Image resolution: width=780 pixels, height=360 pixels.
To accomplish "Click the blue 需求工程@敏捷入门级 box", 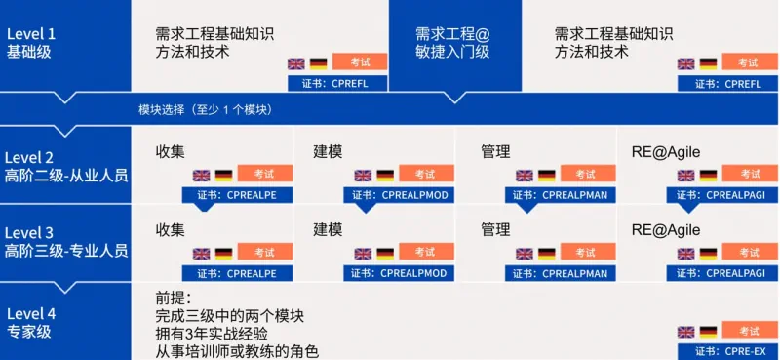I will coord(452,42).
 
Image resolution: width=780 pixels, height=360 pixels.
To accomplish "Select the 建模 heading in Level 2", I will coord(329,151).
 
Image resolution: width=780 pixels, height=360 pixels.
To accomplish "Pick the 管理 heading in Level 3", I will coord(495,229).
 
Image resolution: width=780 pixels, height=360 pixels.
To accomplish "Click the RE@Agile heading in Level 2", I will coord(666,151).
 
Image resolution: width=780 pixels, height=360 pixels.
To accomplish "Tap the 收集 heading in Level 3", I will coord(171,229).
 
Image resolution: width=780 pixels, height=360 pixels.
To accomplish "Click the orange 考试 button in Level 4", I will coord(749,331).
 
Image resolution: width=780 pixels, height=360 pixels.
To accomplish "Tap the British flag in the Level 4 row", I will coord(686,333).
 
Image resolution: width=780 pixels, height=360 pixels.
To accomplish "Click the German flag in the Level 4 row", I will coord(708,333).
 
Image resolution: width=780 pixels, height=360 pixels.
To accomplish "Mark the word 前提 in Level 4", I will coord(174,298).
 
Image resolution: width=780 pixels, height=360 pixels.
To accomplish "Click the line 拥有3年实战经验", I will coord(212,334).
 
